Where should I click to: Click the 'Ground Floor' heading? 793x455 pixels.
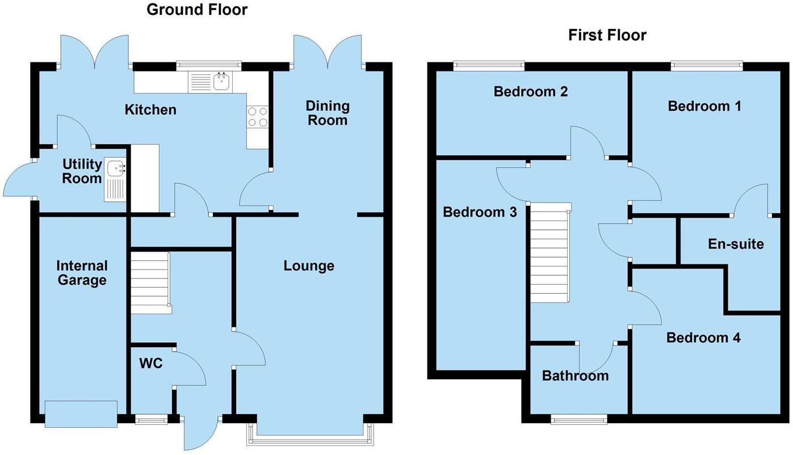coord(197,10)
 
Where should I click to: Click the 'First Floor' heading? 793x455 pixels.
coord(607,35)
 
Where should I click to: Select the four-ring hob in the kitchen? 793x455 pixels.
coord(257,117)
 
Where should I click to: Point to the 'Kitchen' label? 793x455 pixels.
coord(150,109)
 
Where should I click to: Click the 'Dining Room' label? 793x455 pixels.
coord(328,113)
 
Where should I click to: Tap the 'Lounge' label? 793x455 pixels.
coord(309,266)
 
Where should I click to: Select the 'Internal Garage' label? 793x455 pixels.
coord(82,273)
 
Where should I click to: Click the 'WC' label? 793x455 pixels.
coord(151,363)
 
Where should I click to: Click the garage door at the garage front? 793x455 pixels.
coord(81,414)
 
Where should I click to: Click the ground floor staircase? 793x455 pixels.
coord(151,283)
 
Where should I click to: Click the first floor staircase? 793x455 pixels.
coord(549,254)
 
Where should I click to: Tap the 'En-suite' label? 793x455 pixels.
coord(736,244)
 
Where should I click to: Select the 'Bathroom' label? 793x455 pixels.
coord(575,376)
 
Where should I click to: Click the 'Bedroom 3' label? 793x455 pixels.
coord(480,212)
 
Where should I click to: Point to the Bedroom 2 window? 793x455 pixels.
coord(488,66)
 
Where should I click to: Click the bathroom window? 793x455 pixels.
coord(578,419)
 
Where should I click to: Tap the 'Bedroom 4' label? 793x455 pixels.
coord(703,338)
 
